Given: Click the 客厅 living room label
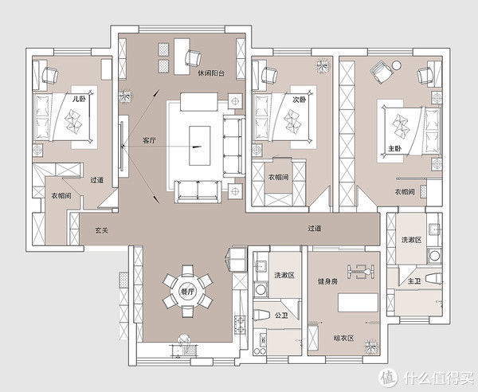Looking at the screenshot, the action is [150, 140].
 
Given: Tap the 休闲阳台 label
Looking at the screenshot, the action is [211, 73].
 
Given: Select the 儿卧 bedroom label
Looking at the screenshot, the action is [79, 100].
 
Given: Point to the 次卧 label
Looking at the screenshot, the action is [300, 100].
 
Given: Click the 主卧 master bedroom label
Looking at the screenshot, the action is [395, 149].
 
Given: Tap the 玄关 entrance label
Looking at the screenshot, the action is [101, 230].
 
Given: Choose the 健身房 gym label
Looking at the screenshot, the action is [327, 281].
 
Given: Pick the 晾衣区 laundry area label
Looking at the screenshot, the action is [343, 338].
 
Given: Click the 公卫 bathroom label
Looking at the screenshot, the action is [281, 316].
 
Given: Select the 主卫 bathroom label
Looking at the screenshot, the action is [414, 281].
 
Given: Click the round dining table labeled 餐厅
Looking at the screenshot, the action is [187, 292].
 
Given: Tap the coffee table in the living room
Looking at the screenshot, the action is [200, 146].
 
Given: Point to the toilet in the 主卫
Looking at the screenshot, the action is [433, 280].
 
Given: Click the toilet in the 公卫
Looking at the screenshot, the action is [260, 315].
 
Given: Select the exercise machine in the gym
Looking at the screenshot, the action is [361, 271].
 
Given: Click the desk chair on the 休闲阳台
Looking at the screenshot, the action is [194, 58].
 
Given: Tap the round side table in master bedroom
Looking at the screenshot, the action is [397, 65].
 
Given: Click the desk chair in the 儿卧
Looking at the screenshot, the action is [49, 75].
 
